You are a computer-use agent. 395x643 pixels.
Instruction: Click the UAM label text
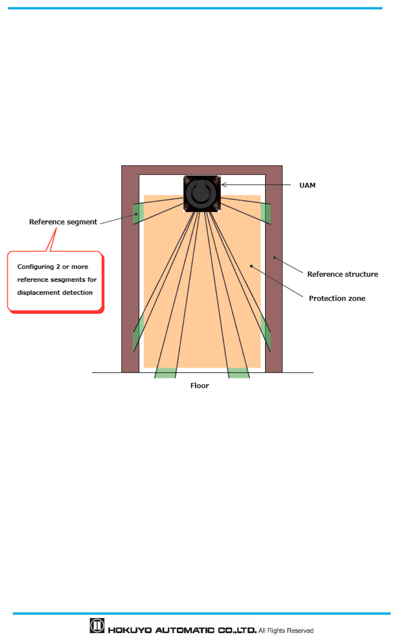coord(307,185)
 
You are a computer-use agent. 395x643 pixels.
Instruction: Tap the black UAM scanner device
coord(202,194)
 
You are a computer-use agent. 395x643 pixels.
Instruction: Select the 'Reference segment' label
coord(63,222)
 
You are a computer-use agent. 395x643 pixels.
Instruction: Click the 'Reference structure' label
coord(343,274)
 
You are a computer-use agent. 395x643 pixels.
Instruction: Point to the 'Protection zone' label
coord(337,298)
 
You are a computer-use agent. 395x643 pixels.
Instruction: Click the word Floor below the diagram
coord(199,386)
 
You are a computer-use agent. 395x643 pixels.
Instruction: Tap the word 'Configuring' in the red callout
coord(35,267)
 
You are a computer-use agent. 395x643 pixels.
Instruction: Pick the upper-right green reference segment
coord(266,213)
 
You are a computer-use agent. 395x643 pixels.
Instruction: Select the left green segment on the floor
coord(165,373)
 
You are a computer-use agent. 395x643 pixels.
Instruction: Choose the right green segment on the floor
coord(239,373)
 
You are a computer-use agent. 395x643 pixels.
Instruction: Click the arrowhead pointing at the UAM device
coord(224,185)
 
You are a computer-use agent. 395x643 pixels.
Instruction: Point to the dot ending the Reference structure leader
coord(274,258)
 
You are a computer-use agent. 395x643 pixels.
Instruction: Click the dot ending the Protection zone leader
coord(251,266)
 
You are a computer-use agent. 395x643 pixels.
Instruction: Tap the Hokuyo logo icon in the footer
coord(97,625)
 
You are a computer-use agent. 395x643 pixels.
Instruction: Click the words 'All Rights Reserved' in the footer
coord(286,631)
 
